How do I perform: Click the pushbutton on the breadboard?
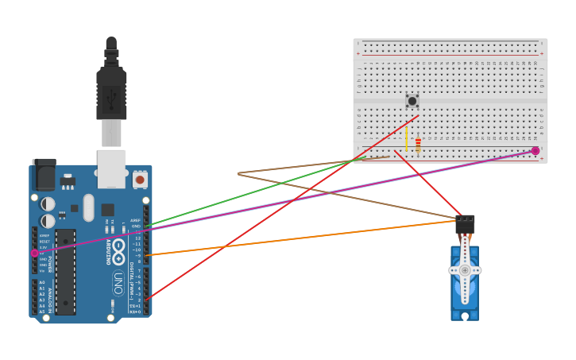pos(412,101)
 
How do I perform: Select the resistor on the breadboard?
pos(418,144)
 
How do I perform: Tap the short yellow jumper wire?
pos(407,138)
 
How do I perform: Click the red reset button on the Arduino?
pos(140,180)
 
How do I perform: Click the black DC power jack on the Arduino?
pos(44,172)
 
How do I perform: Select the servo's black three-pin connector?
pos(465,225)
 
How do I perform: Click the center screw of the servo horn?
pos(465,270)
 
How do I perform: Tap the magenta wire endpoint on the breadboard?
pos(535,150)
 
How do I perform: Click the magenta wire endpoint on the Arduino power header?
pos(34,253)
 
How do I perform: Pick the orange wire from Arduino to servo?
pos(302,238)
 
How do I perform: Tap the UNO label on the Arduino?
pos(118,282)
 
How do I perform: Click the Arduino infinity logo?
pos(118,247)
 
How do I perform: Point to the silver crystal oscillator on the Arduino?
pos(88,207)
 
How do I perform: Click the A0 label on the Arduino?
pos(41,282)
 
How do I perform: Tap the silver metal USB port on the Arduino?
pos(111,167)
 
